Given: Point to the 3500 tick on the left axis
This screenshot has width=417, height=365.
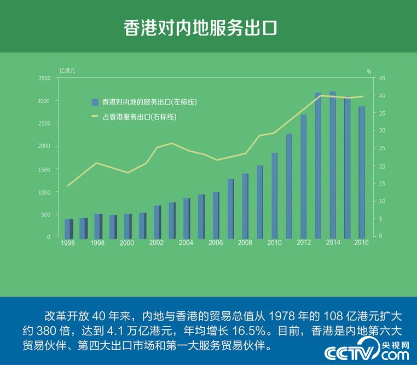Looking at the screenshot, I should coord(44,78).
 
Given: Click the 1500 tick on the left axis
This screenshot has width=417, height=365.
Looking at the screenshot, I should coord(44,169).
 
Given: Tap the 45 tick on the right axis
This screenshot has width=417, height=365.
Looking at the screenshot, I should coord(382,78).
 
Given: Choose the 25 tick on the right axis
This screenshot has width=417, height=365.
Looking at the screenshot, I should coord(382,149).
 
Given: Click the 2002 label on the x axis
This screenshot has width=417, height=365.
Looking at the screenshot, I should coord(156,243).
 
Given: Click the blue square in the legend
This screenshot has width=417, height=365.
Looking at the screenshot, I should coord(95,102).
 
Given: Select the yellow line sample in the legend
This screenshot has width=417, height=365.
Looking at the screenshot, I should coord(95,117).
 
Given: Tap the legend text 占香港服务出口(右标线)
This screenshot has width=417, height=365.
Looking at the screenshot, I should coord(140,117).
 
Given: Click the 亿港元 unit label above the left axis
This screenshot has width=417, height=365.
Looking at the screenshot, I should coord(67,71).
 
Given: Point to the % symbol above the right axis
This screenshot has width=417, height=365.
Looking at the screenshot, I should coord(369,71).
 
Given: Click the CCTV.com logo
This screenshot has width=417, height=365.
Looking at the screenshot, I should coord(367,352).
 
